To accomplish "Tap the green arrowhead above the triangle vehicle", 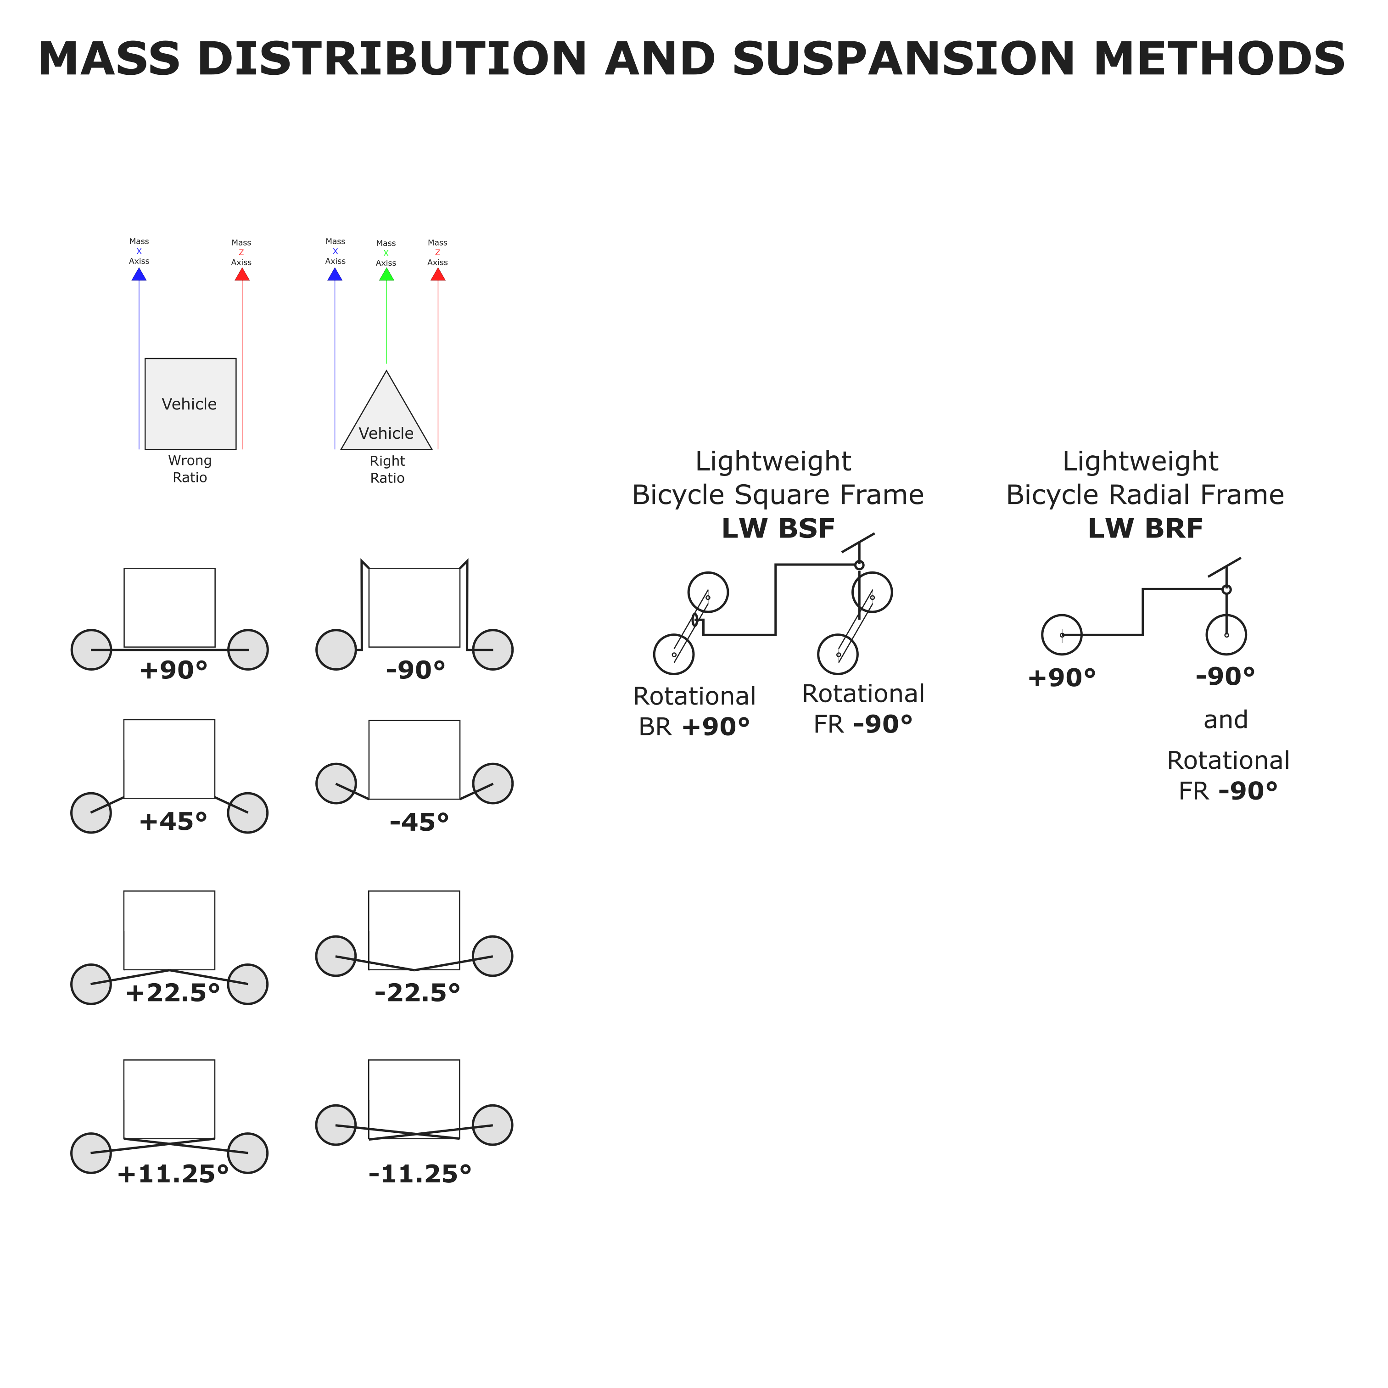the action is click(x=386, y=274).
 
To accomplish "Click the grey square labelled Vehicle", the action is click(x=190, y=404).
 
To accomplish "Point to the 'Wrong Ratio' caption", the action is click(x=190, y=469).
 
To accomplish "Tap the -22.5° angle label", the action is click(x=417, y=993).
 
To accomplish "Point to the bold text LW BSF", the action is click(x=778, y=529).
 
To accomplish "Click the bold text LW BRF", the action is click(x=1145, y=529).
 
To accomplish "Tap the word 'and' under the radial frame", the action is click(x=1226, y=720).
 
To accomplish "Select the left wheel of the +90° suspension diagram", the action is click(x=91, y=650).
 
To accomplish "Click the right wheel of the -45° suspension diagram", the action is click(x=493, y=783).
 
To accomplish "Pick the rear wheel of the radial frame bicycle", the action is click(x=1062, y=635).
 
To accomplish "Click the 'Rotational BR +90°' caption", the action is click(x=694, y=712).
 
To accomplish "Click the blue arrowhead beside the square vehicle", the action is click(x=140, y=274).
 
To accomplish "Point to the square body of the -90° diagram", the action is click(x=414, y=608).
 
